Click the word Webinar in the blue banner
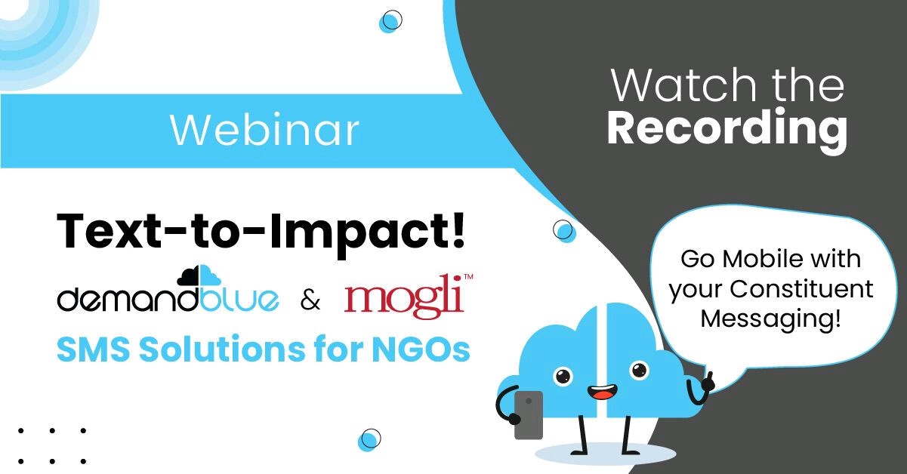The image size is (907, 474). point(264,130)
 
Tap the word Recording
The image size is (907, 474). point(727,129)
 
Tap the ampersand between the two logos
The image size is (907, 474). point(310,301)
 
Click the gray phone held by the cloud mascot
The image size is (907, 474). point(529,414)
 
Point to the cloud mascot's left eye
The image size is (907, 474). point(562,375)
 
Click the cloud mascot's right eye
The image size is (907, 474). point(639,370)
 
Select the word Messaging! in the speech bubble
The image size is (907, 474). point(770,319)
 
